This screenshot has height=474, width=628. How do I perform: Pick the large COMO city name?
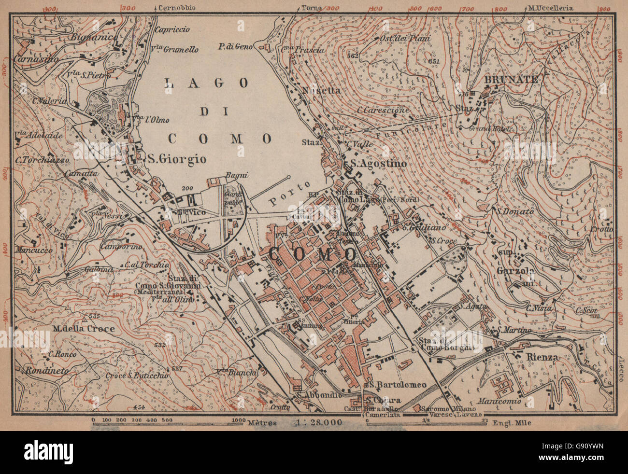pos(312,254)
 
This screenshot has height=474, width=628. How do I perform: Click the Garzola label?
pos(515,271)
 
